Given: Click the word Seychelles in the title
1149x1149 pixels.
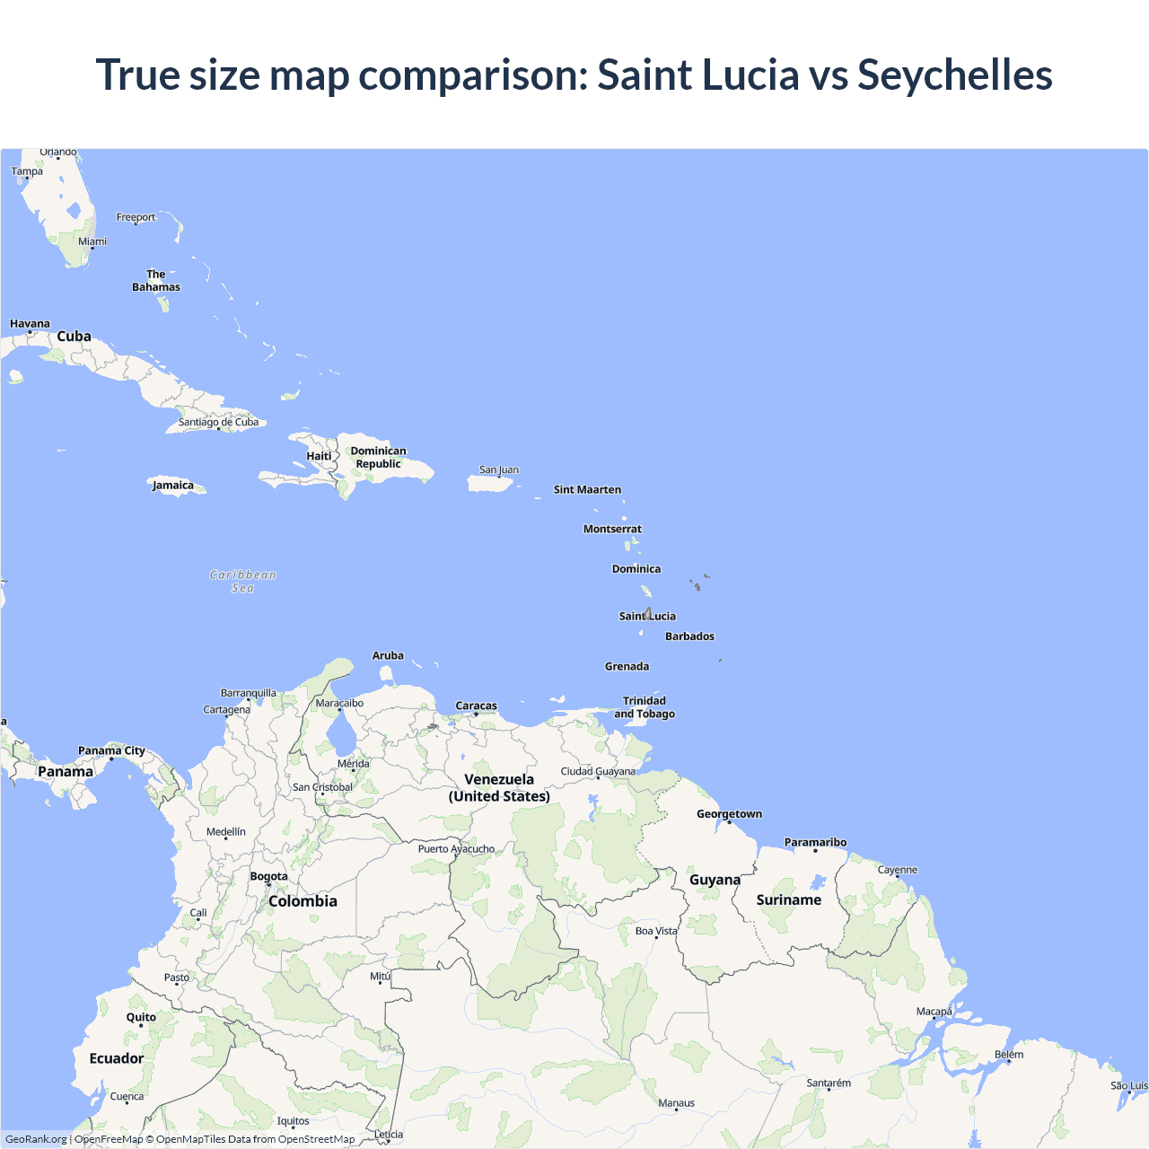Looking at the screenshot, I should (x=954, y=75).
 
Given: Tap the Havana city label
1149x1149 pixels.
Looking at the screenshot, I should (x=30, y=324).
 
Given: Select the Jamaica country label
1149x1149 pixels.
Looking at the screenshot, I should (x=173, y=486).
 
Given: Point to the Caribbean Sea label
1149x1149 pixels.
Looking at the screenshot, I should (x=242, y=582).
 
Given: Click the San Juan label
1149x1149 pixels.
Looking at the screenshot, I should (x=499, y=469).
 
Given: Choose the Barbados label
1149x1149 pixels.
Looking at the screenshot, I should (x=689, y=636).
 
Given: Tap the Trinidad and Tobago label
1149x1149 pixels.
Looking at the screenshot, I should (x=645, y=707).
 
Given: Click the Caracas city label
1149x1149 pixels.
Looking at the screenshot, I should (x=476, y=706).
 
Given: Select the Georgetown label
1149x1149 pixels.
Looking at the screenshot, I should (x=729, y=814).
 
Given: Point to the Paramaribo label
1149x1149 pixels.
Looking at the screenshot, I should (x=815, y=842).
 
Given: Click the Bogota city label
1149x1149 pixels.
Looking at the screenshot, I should (x=269, y=876).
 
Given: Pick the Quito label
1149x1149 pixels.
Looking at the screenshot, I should (x=141, y=1017).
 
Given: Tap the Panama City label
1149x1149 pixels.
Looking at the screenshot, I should (x=111, y=750).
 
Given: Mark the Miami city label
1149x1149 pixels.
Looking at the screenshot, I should (x=92, y=241).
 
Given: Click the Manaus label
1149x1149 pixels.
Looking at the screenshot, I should (x=676, y=1103).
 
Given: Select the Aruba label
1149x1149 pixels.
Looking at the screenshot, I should (x=388, y=655).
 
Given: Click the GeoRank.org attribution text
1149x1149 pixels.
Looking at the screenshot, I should (x=36, y=1139).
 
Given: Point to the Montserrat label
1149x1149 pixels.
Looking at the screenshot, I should (x=612, y=529).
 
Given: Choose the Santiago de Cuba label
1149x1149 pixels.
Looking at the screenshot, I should (x=218, y=422).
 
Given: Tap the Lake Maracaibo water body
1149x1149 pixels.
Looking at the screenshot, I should (x=342, y=738).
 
